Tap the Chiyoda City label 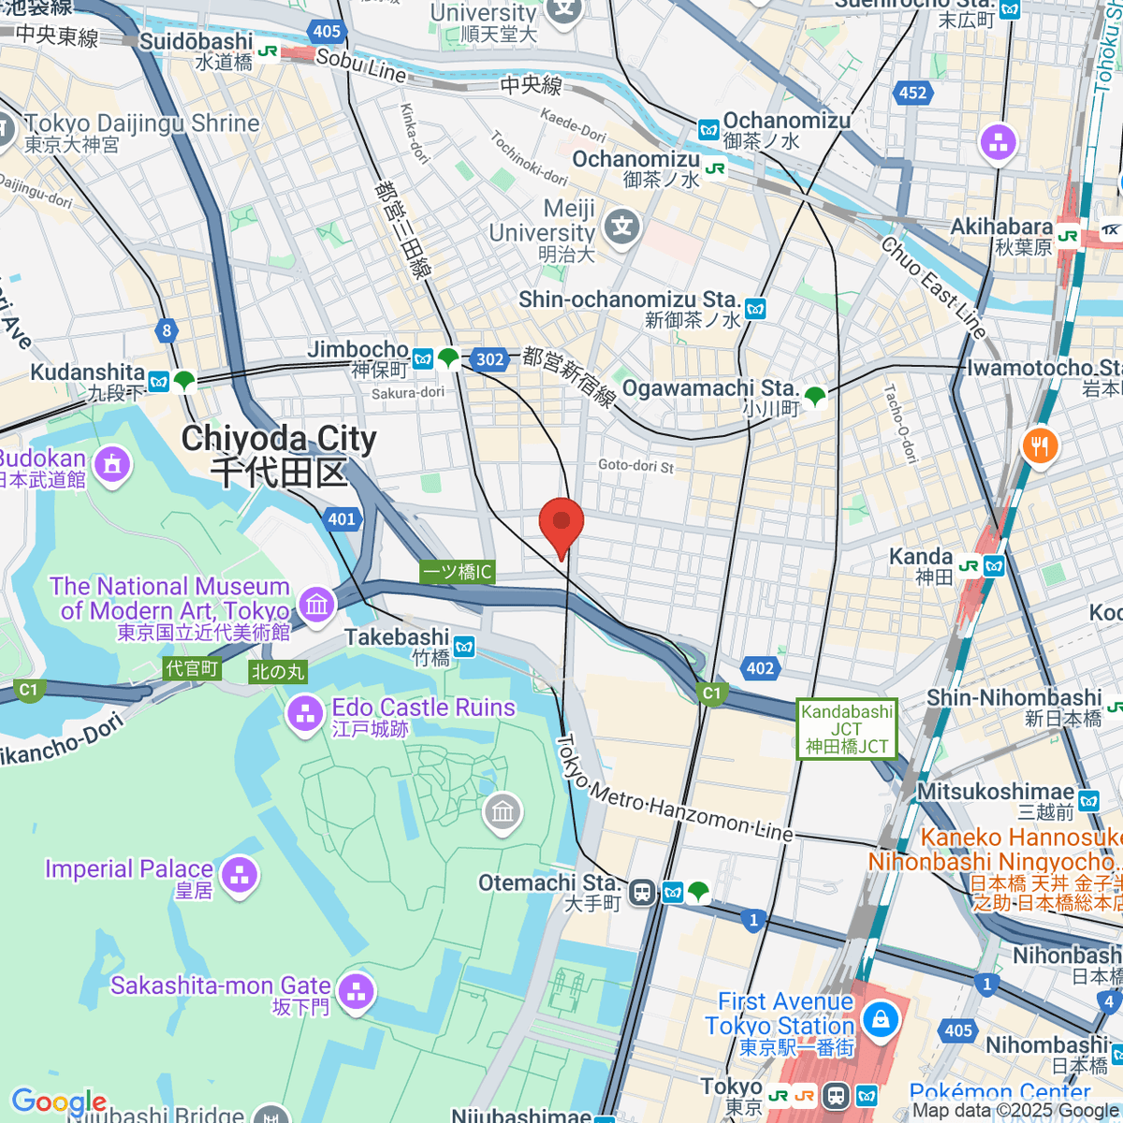(x=279, y=455)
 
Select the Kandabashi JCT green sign (x=847, y=729)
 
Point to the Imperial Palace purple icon (x=241, y=875)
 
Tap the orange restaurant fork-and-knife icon (x=1040, y=445)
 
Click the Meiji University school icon (x=621, y=226)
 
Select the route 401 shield (x=342, y=519)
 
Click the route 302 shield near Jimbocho (x=489, y=359)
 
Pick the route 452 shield (x=912, y=93)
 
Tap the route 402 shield (x=760, y=668)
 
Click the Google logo (x=59, y=1101)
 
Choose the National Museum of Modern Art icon (x=316, y=604)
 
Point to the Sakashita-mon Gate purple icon (x=356, y=991)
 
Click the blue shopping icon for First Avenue (x=881, y=1019)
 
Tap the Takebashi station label (x=398, y=638)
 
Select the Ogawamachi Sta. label (x=709, y=388)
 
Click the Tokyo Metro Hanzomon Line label (x=674, y=791)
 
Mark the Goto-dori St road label (x=635, y=466)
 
